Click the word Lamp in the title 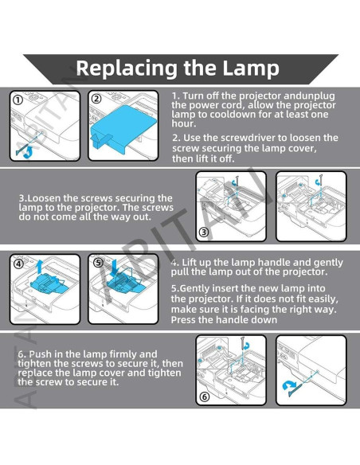coord(251,68)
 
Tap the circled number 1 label coord(18,100)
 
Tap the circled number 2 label coord(96,99)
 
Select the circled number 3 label coord(204,232)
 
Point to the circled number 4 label coord(18,264)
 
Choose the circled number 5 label coord(98,263)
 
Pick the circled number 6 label coord(205,397)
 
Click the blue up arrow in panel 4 coord(39,267)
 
